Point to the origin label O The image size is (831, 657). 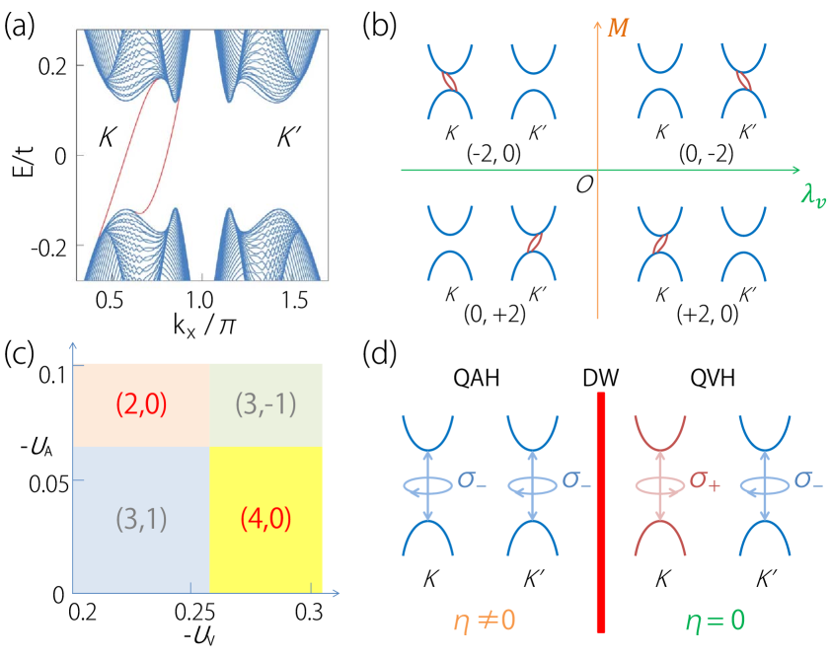pyautogui.click(x=584, y=185)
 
